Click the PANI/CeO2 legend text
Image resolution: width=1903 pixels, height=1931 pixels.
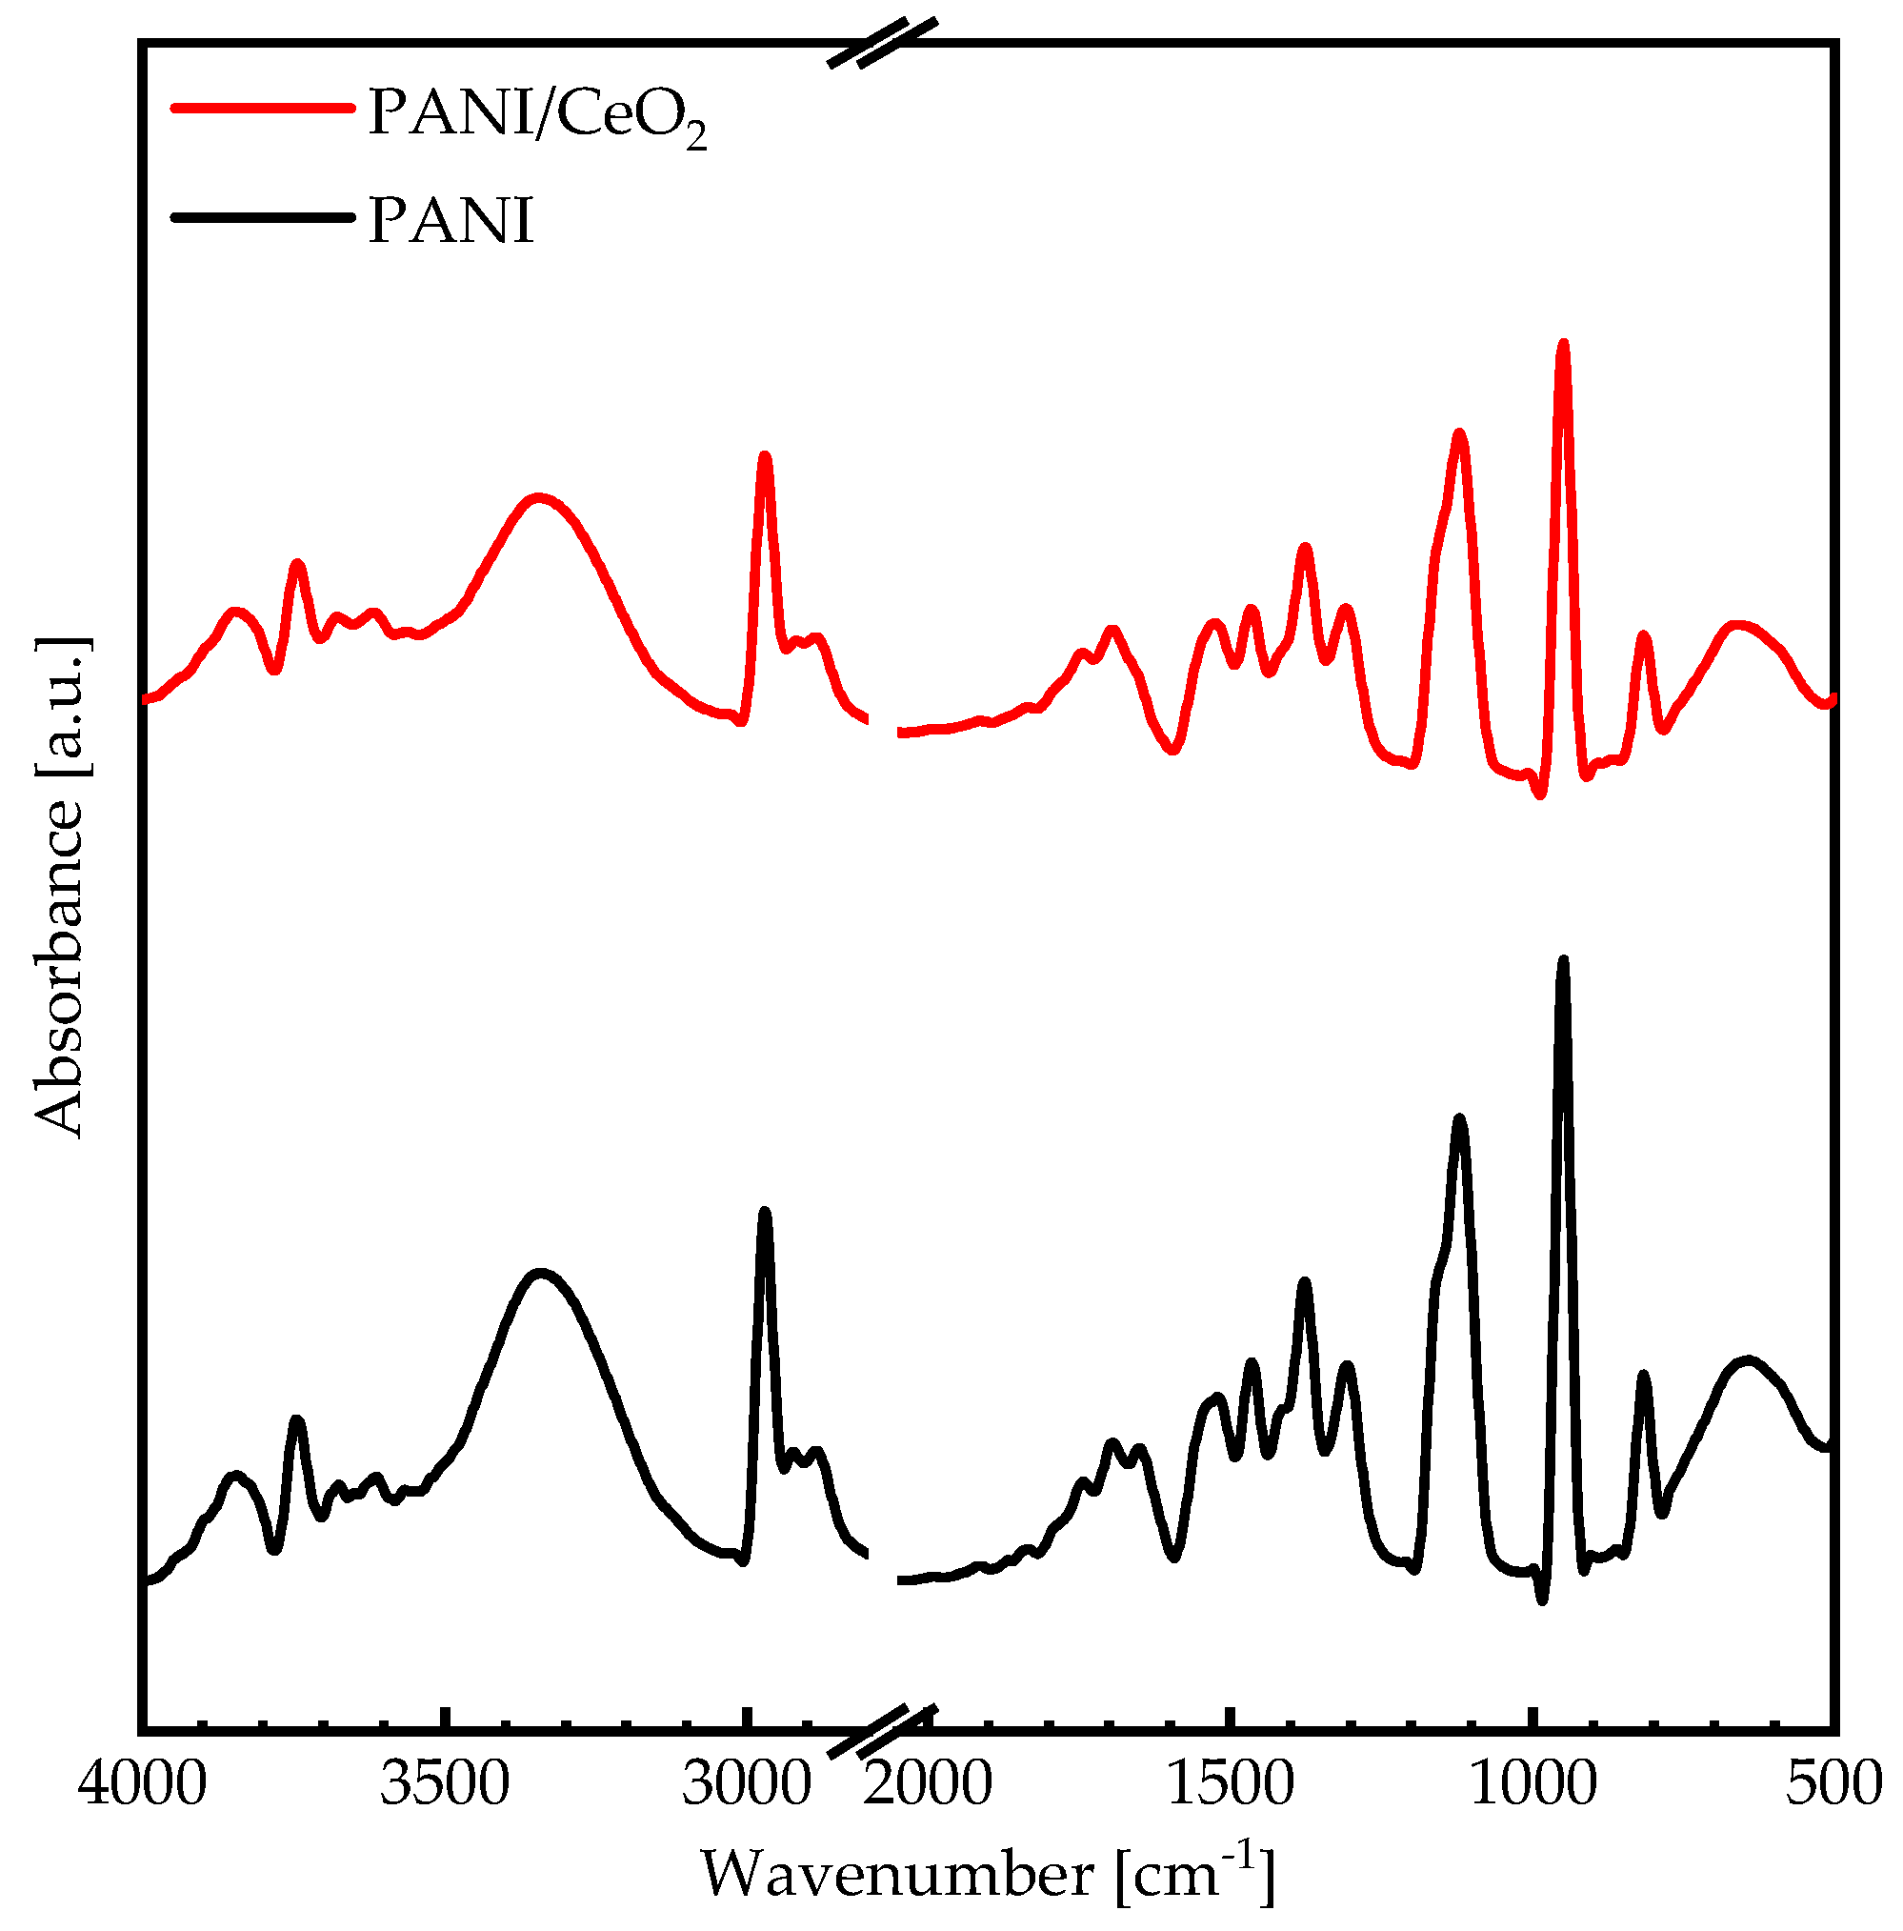coord(538,115)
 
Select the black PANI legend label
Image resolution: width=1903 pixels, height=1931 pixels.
coord(451,221)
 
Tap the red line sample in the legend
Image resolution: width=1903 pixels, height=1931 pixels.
coord(262,108)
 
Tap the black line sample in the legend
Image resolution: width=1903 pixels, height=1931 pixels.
coord(262,216)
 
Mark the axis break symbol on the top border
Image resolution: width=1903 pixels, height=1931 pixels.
coord(884,43)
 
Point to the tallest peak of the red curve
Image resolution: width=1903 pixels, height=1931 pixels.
coord(1563,345)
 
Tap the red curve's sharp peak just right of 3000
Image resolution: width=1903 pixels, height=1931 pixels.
coord(766,456)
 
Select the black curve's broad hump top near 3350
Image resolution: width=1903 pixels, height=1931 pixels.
coord(541,1274)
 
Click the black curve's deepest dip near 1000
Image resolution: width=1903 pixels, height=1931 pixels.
coord(1542,1600)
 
